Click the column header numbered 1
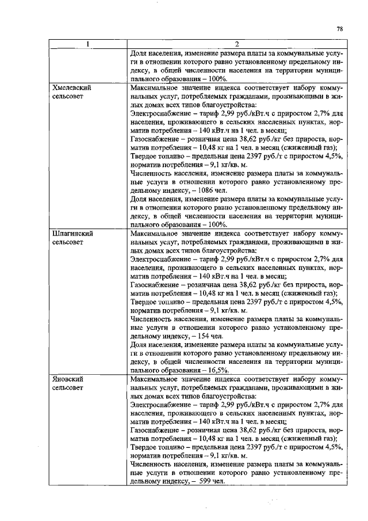87,44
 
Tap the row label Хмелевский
72,88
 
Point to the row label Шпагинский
72,234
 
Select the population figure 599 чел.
210,481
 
